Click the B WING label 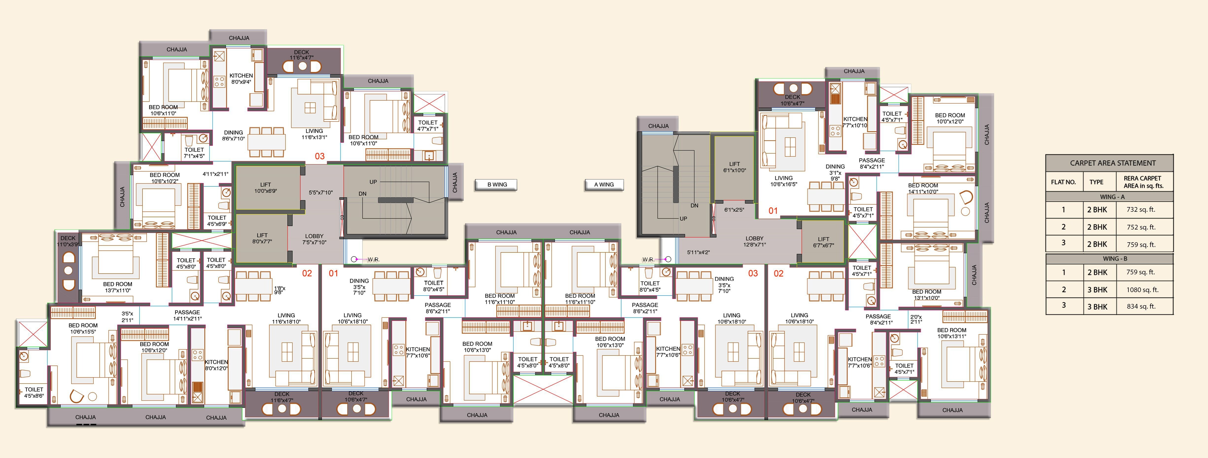(x=497, y=185)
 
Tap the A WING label (x=604, y=185)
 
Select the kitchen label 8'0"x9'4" (x=241, y=79)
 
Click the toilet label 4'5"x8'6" (x=34, y=392)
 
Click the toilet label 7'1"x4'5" (x=194, y=153)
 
